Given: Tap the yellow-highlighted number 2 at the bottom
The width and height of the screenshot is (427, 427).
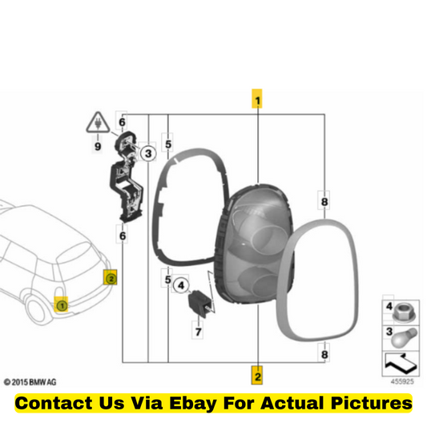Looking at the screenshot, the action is pyautogui.click(x=257, y=375).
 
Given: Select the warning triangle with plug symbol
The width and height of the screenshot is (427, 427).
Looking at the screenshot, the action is pyautogui.click(x=98, y=123).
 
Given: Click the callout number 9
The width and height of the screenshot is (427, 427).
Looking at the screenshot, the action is pyautogui.click(x=98, y=147).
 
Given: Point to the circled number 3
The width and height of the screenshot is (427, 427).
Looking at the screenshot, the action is pyautogui.click(x=148, y=153).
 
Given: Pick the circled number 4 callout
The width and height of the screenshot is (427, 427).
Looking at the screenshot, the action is pyautogui.click(x=181, y=286).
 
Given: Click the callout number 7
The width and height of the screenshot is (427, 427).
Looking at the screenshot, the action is pyautogui.click(x=198, y=332).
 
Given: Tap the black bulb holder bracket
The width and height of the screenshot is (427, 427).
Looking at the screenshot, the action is pyautogui.click(x=126, y=176).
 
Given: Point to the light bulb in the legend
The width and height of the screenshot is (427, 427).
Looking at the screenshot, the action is pyautogui.click(x=404, y=338).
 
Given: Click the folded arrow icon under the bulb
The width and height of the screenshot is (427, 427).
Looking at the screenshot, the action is pyautogui.click(x=401, y=363).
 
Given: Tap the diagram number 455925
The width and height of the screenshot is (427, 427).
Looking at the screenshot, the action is pyautogui.click(x=402, y=381).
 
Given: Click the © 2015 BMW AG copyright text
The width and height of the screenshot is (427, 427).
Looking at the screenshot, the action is pyautogui.click(x=30, y=382).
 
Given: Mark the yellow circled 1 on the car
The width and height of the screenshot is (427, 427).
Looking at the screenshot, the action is pyautogui.click(x=62, y=305).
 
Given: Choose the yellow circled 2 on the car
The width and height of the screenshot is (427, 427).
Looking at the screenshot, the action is pyautogui.click(x=111, y=278).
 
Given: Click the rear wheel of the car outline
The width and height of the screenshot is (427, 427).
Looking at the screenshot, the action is pyautogui.click(x=37, y=312).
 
